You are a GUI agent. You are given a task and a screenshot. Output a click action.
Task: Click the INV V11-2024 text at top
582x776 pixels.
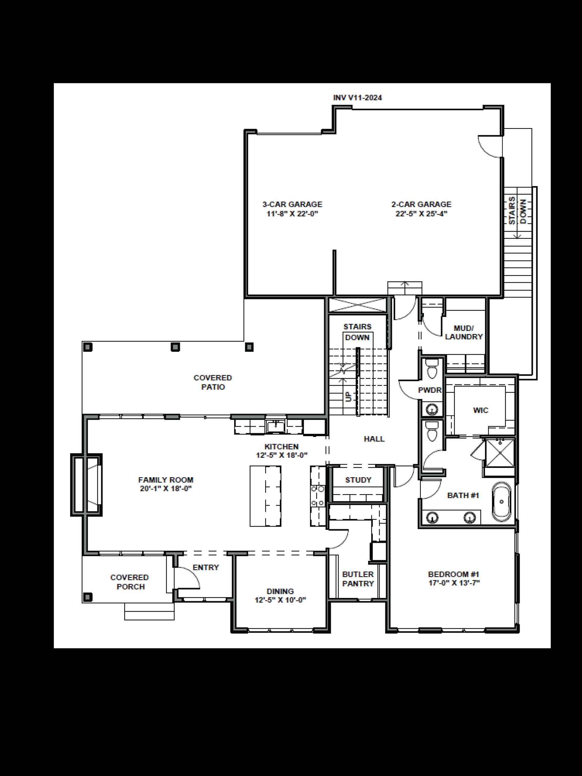coord(357,98)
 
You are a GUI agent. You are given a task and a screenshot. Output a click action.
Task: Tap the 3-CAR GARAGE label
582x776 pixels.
coord(292,204)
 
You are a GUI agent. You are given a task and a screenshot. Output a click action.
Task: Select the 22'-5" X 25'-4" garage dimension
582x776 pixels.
coord(421,214)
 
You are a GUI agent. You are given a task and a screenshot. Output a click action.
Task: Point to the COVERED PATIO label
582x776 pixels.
coord(213,382)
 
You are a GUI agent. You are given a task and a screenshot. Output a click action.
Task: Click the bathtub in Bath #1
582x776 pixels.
coord(501,502)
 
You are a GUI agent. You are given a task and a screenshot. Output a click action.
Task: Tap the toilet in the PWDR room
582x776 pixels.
coord(432,369)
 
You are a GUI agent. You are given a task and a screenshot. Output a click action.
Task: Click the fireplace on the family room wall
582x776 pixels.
coord(86,484)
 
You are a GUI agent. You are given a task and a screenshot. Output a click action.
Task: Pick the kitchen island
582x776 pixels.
coord(265,496)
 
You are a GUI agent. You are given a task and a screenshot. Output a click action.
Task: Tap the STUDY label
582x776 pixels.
coord(358,480)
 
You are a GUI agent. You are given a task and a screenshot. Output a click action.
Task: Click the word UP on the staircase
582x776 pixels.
coord(348,397)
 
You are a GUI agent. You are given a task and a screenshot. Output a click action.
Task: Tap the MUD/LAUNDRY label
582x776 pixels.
coord(464,332)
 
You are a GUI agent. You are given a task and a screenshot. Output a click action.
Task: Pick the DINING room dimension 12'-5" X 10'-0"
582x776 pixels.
coord(280,600)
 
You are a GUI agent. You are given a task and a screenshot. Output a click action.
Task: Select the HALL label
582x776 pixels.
coord(374,439)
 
